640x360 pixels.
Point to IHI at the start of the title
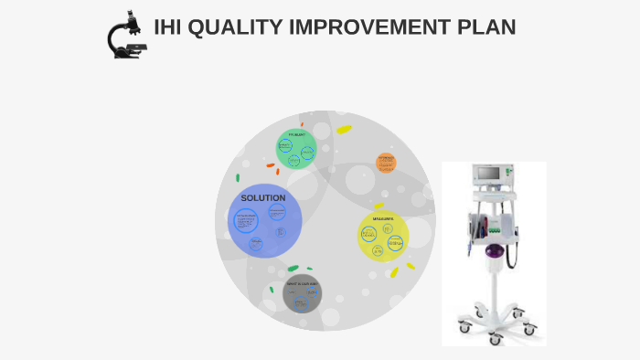(165, 27)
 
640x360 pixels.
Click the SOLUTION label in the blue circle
(262, 198)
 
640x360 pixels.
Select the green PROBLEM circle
(296, 149)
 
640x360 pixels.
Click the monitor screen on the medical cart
(488, 174)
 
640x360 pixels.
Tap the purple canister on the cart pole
(495, 253)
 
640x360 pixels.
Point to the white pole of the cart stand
(495, 292)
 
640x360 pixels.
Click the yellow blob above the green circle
(344, 129)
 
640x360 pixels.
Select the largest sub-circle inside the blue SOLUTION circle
(248, 222)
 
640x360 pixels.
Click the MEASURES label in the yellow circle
(383, 219)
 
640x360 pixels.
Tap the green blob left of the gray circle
(272, 290)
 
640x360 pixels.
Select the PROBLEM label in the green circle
(296, 134)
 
